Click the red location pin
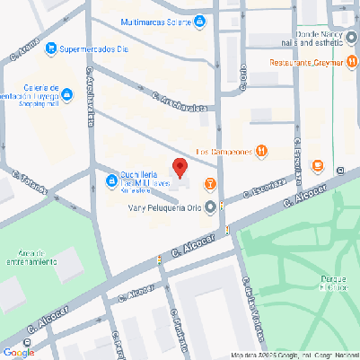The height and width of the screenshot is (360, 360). [180, 167]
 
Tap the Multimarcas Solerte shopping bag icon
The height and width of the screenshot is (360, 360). [199, 21]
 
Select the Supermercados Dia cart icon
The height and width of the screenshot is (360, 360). [51, 48]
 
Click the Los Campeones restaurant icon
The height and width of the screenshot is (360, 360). [261, 151]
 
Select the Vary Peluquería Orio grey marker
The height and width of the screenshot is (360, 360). [211, 207]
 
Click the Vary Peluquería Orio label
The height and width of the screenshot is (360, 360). [165, 208]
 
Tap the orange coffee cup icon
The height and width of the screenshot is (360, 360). [316, 165]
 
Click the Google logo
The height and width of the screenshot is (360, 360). [18, 352]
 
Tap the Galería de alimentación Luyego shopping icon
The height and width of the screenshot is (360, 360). [67, 93]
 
